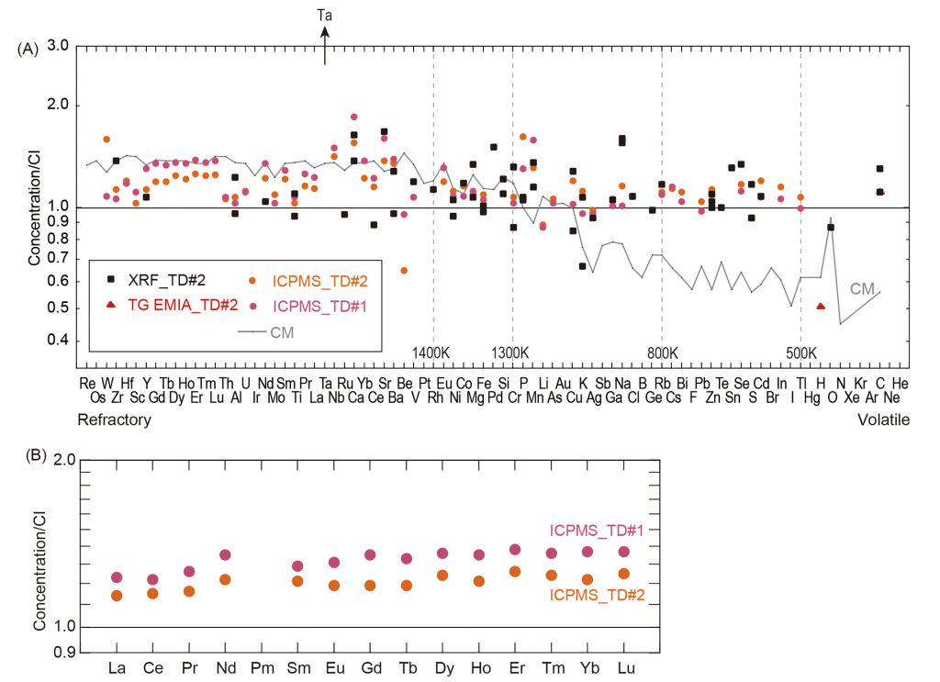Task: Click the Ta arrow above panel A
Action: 325,44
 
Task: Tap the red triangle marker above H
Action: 821,306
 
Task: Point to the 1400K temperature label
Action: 431,353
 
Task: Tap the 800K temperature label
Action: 661,353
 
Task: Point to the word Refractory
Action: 115,419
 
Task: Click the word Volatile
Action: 883,419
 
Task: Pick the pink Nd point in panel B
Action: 225,554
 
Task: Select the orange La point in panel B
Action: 117,596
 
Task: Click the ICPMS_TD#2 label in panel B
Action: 598,595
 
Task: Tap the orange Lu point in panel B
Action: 623,574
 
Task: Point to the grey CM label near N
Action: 862,289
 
